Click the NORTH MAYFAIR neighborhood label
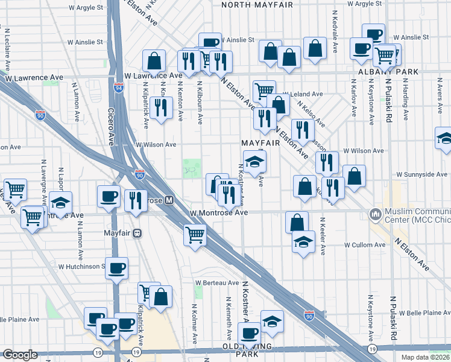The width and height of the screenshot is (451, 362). (257, 5)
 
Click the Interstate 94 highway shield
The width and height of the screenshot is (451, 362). (118, 88)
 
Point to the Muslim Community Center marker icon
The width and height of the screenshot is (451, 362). (376, 214)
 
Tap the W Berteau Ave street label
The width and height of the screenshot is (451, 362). (216, 282)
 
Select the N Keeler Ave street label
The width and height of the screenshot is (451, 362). (323, 236)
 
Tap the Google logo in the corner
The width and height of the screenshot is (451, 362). (20, 355)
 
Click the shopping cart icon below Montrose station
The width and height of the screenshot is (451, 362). (195, 235)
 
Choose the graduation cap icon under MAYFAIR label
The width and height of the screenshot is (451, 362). (254, 161)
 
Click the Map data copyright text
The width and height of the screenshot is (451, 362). (425, 357)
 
